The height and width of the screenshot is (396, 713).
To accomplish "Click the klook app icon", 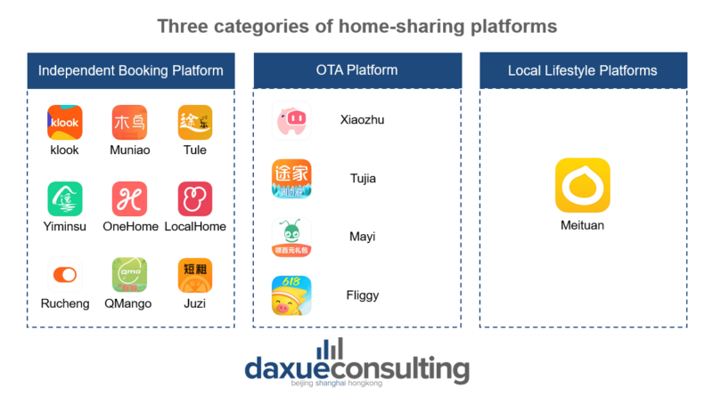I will click(65, 123).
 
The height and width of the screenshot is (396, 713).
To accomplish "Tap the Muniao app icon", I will click(130, 123).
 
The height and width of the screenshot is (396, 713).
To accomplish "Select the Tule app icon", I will click(195, 123).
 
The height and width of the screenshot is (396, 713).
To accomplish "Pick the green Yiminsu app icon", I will click(65, 198).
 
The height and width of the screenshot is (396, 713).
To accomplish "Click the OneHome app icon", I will click(130, 198).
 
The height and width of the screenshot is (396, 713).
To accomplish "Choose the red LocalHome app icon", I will click(195, 198).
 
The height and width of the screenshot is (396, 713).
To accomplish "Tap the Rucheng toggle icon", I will click(65, 275).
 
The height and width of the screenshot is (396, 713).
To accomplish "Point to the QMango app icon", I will click(130, 275).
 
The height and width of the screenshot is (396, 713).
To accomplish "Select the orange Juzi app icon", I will click(195, 275).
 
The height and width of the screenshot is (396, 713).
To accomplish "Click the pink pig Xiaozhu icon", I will click(291, 121).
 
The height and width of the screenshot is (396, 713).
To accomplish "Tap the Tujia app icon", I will click(291, 179).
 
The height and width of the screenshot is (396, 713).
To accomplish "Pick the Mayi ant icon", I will click(291, 238).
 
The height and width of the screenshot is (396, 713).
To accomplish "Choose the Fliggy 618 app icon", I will click(291, 296).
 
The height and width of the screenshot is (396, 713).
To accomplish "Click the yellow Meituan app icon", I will click(583, 185).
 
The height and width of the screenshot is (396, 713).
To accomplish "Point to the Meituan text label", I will click(583, 226).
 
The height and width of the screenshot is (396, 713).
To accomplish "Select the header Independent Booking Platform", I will click(130, 70).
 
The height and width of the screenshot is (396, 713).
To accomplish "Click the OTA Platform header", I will click(356, 70).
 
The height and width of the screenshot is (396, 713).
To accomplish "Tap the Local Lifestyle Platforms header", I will click(583, 70).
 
